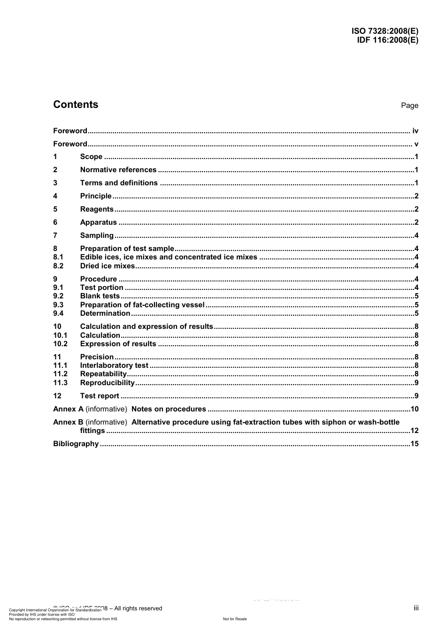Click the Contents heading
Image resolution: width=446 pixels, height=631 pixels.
click(76, 105)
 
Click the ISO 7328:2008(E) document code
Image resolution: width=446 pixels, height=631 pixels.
click(384, 31)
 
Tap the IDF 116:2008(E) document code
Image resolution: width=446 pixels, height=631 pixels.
click(387, 40)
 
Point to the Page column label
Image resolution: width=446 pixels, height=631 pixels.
click(409, 106)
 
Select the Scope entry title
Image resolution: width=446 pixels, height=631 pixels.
click(91, 157)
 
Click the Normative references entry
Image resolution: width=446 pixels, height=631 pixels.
click(118, 170)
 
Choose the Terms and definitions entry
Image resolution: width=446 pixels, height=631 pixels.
click(119, 183)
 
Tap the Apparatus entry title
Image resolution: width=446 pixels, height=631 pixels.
click(99, 222)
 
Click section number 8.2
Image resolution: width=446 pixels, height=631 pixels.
click(58, 266)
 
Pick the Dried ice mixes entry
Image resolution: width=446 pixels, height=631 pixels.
click(108, 266)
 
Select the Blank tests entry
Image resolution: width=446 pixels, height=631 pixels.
click(100, 296)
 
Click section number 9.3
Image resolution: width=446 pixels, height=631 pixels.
click(58, 305)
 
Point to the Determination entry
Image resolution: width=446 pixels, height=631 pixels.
click(105, 313)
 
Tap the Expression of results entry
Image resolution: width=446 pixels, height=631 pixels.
click(118, 344)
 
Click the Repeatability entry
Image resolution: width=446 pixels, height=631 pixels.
click(103, 374)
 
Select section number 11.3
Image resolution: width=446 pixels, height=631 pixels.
click(60, 383)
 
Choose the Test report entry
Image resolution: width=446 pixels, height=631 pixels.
click(100, 396)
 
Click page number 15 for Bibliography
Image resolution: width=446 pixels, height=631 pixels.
click(414, 444)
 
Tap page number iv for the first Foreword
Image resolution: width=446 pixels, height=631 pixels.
click(415, 131)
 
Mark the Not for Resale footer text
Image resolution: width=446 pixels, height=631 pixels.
click(235, 619)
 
